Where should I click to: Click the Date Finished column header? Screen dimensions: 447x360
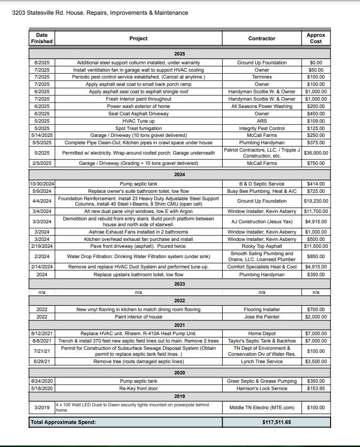[x=42, y=38]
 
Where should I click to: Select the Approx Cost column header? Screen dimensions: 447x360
[x=316, y=38]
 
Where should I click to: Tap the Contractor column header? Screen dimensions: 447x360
[x=262, y=38]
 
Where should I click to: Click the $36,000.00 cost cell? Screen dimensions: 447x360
[x=316, y=153]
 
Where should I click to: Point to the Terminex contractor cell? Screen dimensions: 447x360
[x=262, y=77]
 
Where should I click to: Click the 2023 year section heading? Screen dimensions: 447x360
[x=180, y=284]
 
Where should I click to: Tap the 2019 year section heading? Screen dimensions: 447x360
[x=180, y=396]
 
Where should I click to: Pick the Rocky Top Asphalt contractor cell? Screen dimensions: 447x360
[x=262, y=246]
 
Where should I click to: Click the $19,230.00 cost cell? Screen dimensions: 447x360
[x=316, y=201]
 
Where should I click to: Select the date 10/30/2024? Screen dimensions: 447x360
[x=42, y=184]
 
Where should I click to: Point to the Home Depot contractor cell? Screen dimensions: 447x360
[x=262, y=334]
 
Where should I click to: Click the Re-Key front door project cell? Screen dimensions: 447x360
[x=139, y=388]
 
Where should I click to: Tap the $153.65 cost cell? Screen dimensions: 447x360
[x=316, y=388]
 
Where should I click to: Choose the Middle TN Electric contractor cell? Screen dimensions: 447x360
[x=262, y=407]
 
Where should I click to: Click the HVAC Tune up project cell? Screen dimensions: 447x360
[x=139, y=121]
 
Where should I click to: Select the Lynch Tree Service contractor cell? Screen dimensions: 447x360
[x=262, y=362]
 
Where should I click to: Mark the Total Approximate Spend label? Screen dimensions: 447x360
[x=63, y=422]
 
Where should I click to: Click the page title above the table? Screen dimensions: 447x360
[x=100, y=13]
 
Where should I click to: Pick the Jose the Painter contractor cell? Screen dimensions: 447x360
[x=262, y=316]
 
